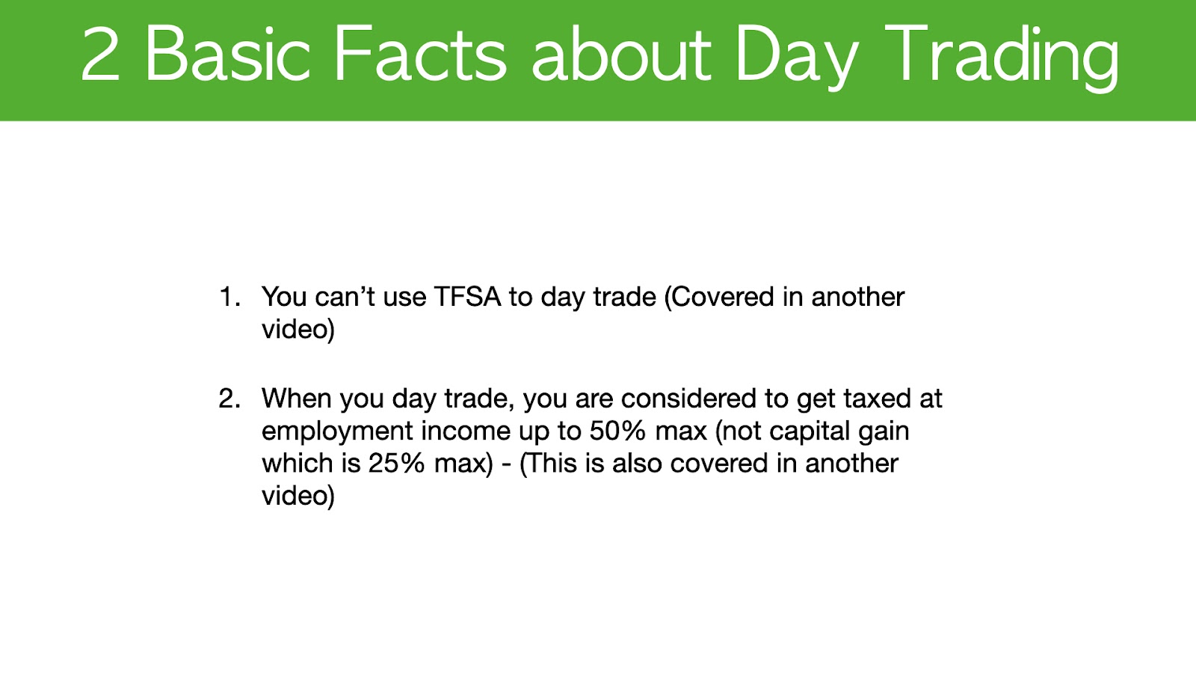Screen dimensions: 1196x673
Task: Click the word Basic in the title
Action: coord(228,55)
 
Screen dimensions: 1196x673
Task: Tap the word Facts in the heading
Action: coord(420,55)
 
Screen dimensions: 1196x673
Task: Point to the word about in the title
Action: coord(621,55)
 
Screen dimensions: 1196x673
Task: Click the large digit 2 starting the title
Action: coord(100,55)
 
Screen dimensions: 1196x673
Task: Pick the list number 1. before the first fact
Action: coord(230,297)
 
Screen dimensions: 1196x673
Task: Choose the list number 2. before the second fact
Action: coord(230,399)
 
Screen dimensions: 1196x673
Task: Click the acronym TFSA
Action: coord(468,297)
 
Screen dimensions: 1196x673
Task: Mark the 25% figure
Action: coord(396,464)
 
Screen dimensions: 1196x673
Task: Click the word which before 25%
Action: coord(299,464)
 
